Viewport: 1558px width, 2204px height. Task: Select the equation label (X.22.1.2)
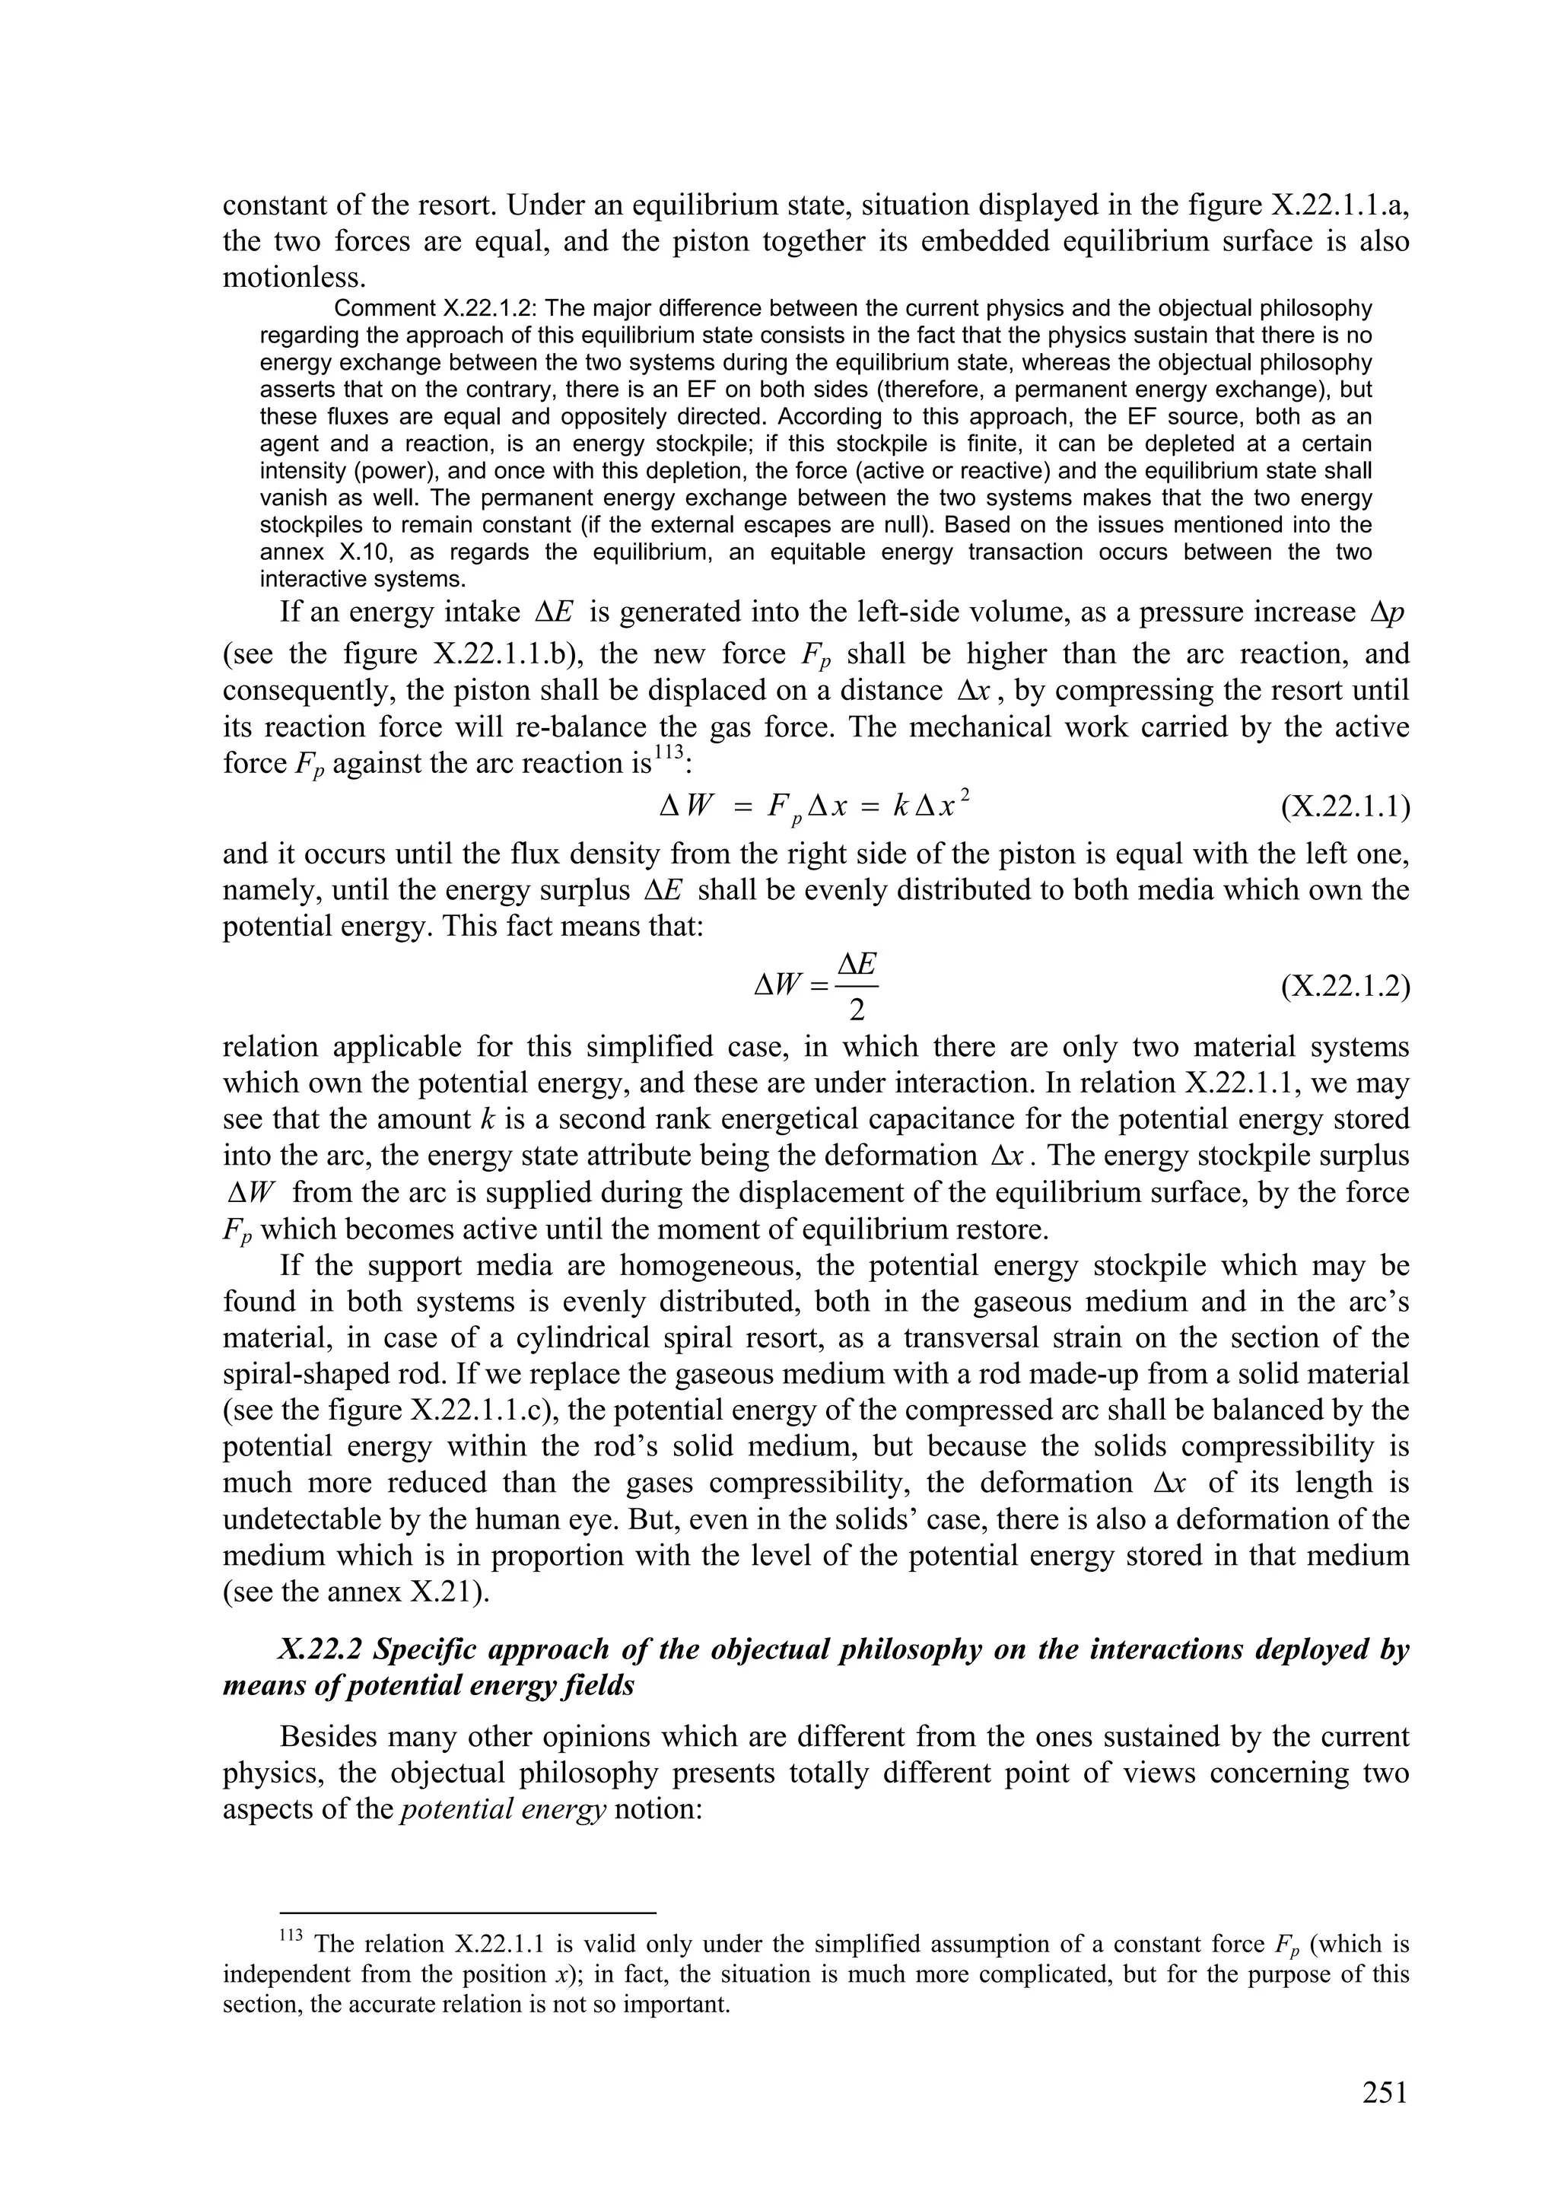[x=1345, y=987]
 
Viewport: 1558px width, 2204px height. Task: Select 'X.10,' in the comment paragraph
[x=360, y=552]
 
